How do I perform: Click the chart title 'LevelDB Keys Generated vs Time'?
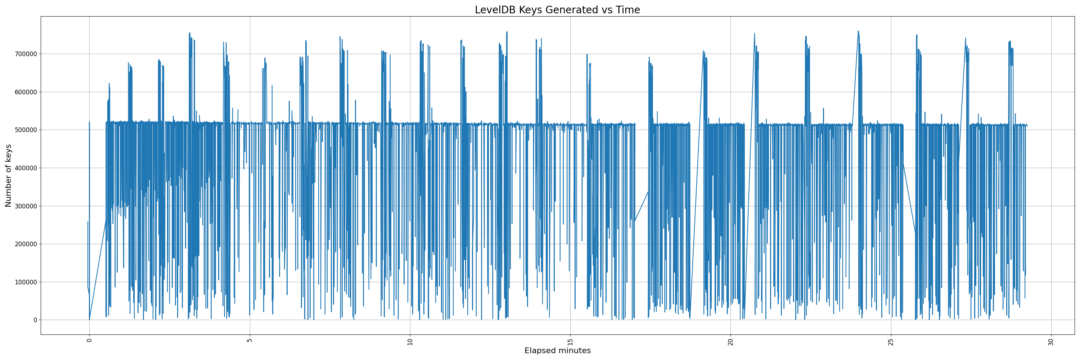557,10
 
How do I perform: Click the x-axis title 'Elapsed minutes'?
557,351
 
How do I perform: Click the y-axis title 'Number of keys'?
8,176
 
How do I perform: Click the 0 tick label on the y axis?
35,320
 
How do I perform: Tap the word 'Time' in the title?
627,10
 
